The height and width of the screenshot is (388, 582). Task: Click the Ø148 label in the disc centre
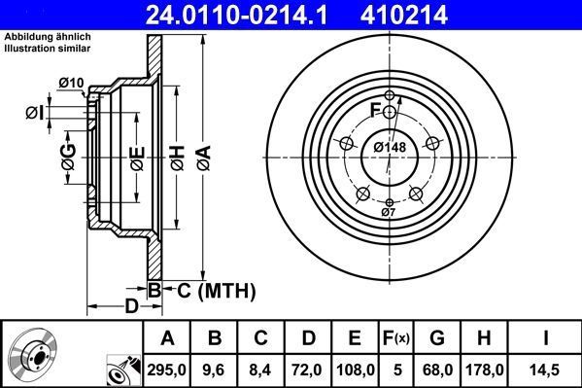coord(389,147)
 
